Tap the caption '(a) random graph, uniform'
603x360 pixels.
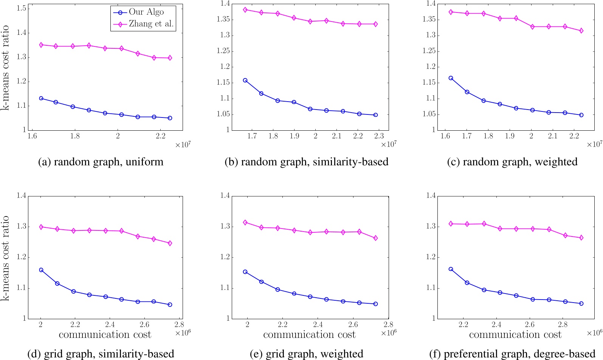pyautogui.click(x=101, y=162)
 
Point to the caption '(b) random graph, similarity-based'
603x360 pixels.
pyautogui.click(x=306, y=162)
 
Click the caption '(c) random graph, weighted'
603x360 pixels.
pyautogui.click(x=512, y=162)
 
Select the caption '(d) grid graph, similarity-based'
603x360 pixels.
pyautogui.click(x=101, y=354)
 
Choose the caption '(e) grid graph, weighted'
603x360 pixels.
pyautogui.click(x=306, y=354)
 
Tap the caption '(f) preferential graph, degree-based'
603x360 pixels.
pyautogui.click(x=512, y=354)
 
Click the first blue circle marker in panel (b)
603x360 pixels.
pyautogui.click(x=245, y=80)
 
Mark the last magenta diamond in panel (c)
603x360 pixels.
pyautogui.click(x=581, y=31)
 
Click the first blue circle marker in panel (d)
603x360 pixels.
pyautogui.click(x=41, y=270)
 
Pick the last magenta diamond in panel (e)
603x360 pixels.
pyautogui.click(x=375, y=238)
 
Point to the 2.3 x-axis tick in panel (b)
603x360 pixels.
pyautogui.click(x=379, y=136)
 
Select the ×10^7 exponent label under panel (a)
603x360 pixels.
pyautogui.click(x=183, y=144)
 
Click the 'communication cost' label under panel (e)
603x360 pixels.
pyautogui.click(x=309, y=335)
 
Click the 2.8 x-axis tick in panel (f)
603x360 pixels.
pyautogui.click(x=563, y=324)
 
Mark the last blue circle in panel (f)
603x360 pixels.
pyautogui.click(x=581, y=304)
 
